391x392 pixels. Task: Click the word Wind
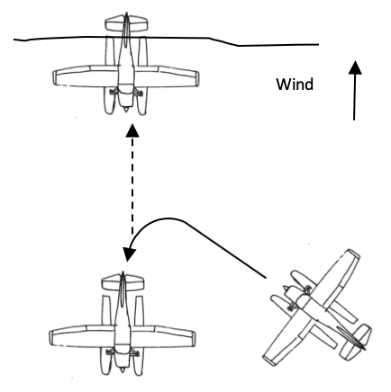pyautogui.click(x=295, y=85)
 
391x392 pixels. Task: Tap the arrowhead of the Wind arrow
pyautogui.click(x=355, y=67)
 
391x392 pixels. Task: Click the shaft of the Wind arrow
pyautogui.click(x=354, y=97)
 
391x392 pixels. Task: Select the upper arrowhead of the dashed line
pyautogui.click(x=132, y=130)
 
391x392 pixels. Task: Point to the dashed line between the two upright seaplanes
pyautogui.click(x=132, y=186)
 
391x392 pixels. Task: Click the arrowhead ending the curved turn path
pyautogui.click(x=130, y=254)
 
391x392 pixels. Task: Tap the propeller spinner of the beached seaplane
pyautogui.click(x=126, y=110)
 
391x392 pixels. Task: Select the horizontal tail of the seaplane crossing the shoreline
pyautogui.click(x=126, y=24)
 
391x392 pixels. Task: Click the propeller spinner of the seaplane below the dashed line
pyautogui.click(x=122, y=370)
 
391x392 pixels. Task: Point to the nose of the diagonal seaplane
pyautogui.click(x=286, y=289)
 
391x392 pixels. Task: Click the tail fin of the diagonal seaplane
pyautogui.click(x=351, y=338)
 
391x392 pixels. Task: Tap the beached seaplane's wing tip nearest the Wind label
pyautogui.click(x=196, y=78)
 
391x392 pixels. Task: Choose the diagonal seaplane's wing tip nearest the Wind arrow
pyautogui.click(x=353, y=254)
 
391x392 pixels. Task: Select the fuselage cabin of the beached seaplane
pyautogui.click(x=126, y=74)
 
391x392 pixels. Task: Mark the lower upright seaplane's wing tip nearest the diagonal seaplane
pyautogui.click(x=193, y=339)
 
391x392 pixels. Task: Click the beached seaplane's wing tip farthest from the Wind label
pyautogui.click(x=56, y=77)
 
